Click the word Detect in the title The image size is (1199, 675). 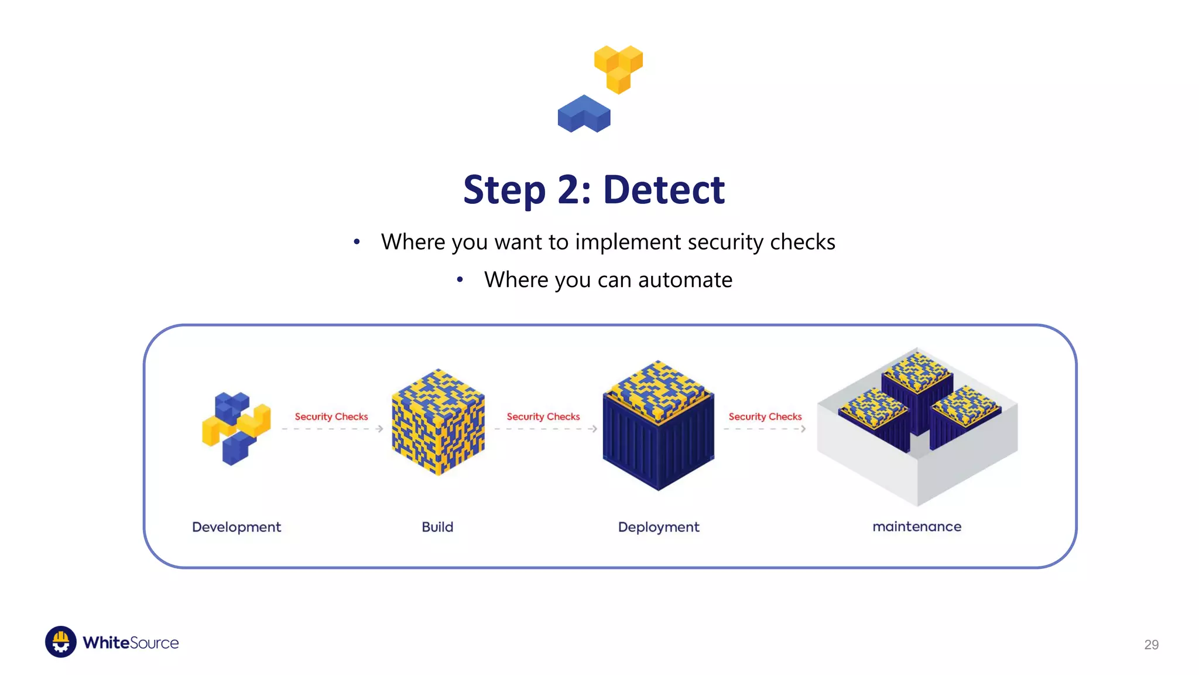[x=664, y=190]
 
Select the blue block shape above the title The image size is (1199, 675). [x=584, y=114]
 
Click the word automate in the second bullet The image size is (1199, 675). [x=685, y=280]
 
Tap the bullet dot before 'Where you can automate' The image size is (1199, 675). [x=460, y=280]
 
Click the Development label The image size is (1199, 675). [x=237, y=527]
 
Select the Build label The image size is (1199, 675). [x=437, y=527]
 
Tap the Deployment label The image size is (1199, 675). [x=659, y=527]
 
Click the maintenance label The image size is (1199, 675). [x=917, y=527]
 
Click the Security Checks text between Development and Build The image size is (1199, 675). [x=331, y=417]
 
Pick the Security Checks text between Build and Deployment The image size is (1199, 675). [x=543, y=417]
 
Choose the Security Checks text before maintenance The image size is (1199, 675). [x=765, y=417]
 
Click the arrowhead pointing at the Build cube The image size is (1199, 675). [x=380, y=429]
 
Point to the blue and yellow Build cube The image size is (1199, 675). [x=438, y=422]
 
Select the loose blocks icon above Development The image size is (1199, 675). [x=237, y=428]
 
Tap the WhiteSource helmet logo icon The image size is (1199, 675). [x=61, y=642]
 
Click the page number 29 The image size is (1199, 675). [x=1151, y=645]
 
